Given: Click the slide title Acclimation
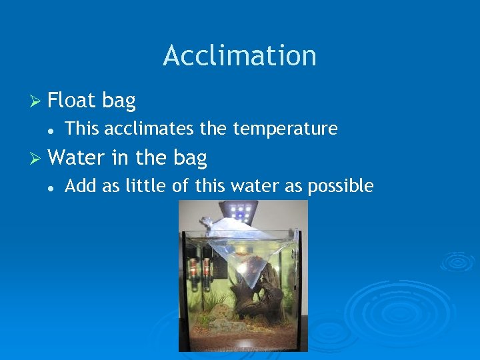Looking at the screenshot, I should pyautogui.click(x=239, y=55).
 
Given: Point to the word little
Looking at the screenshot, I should pyautogui.click(x=146, y=186).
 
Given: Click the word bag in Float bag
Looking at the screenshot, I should pyautogui.click(x=119, y=101).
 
